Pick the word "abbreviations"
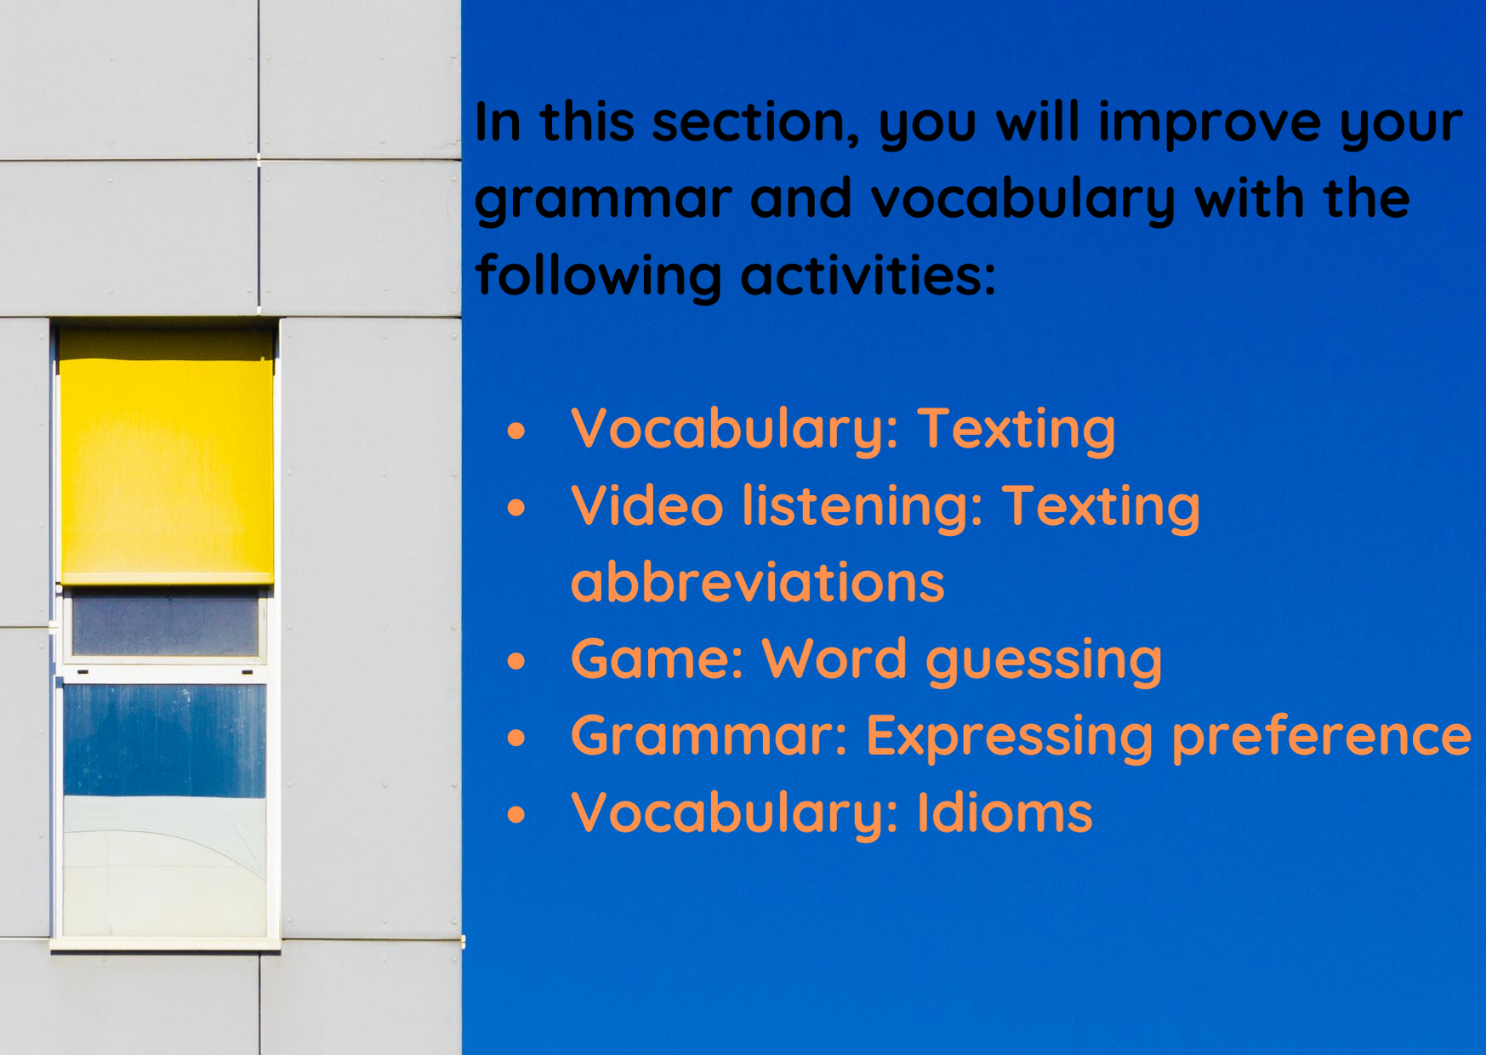click(x=758, y=581)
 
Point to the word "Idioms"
click(x=1005, y=812)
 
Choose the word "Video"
click(x=646, y=505)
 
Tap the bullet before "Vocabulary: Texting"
click(x=516, y=431)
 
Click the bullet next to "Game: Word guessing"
click(x=516, y=661)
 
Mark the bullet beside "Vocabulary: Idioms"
click(x=516, y=815)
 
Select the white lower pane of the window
click(x=165, y=866)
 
